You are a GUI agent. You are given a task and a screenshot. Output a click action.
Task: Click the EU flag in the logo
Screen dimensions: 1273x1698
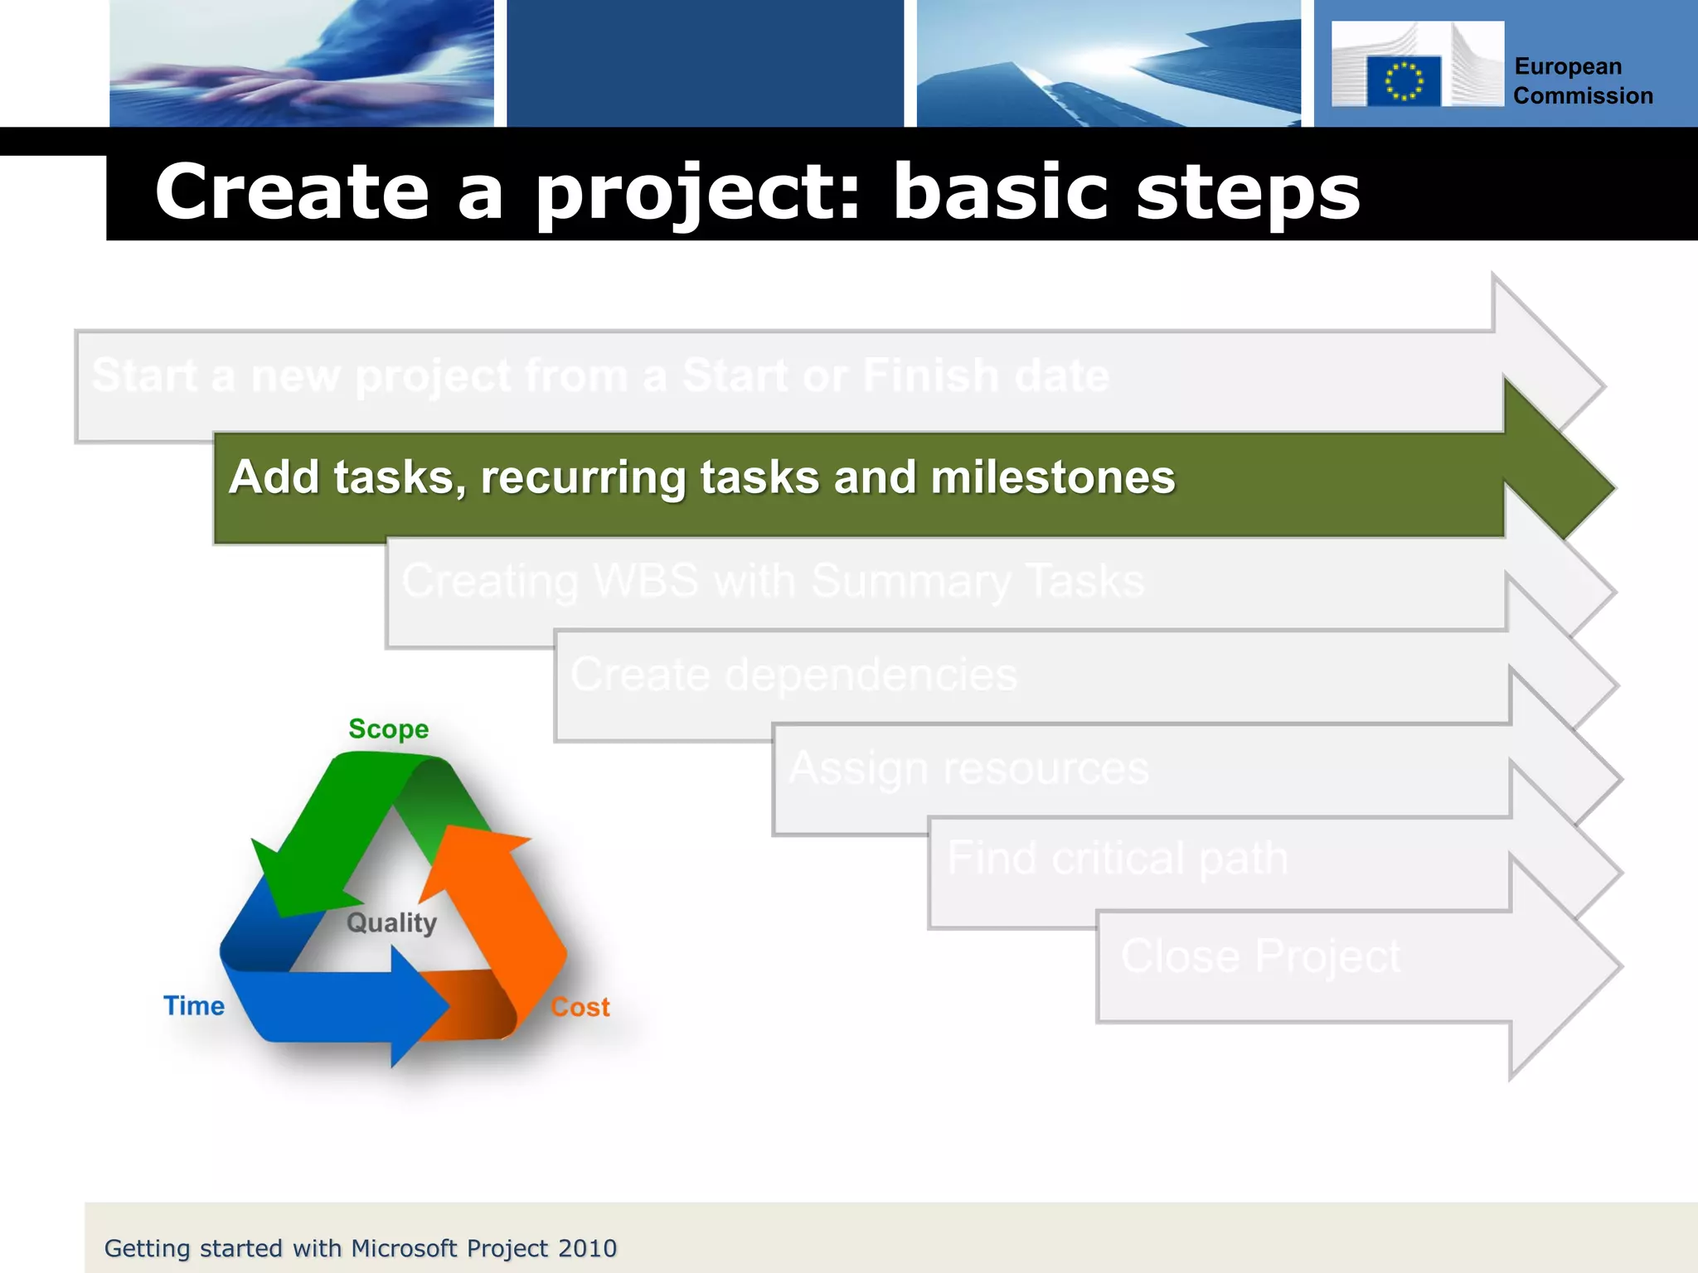[1403, 81]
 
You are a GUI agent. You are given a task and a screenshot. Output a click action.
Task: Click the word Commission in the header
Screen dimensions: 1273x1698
[1583, 96]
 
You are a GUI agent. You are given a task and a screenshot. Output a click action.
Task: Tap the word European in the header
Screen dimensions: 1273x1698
[1567, 66]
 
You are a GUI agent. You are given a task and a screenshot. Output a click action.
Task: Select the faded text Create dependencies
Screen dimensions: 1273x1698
[793, 675]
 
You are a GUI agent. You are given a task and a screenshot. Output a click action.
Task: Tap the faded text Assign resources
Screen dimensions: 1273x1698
[968, 768]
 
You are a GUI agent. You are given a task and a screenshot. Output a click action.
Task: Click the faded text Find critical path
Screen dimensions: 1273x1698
[1117, 858]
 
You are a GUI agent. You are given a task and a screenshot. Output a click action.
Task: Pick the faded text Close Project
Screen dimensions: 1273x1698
[1260, 956]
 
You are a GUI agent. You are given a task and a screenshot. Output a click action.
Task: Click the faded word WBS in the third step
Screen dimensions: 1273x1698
[646, 580]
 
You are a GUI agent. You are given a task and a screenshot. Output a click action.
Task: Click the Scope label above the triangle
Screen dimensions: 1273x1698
[388, 729]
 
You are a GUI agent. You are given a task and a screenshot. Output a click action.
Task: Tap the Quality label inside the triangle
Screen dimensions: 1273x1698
[391, 922]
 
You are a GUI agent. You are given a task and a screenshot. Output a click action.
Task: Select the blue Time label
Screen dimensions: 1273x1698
[194, 1006]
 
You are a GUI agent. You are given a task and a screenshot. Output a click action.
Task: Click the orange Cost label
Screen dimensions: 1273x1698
[580, 1008]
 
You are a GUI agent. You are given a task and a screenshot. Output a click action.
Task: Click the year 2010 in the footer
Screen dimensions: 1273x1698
[587, 1248]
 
